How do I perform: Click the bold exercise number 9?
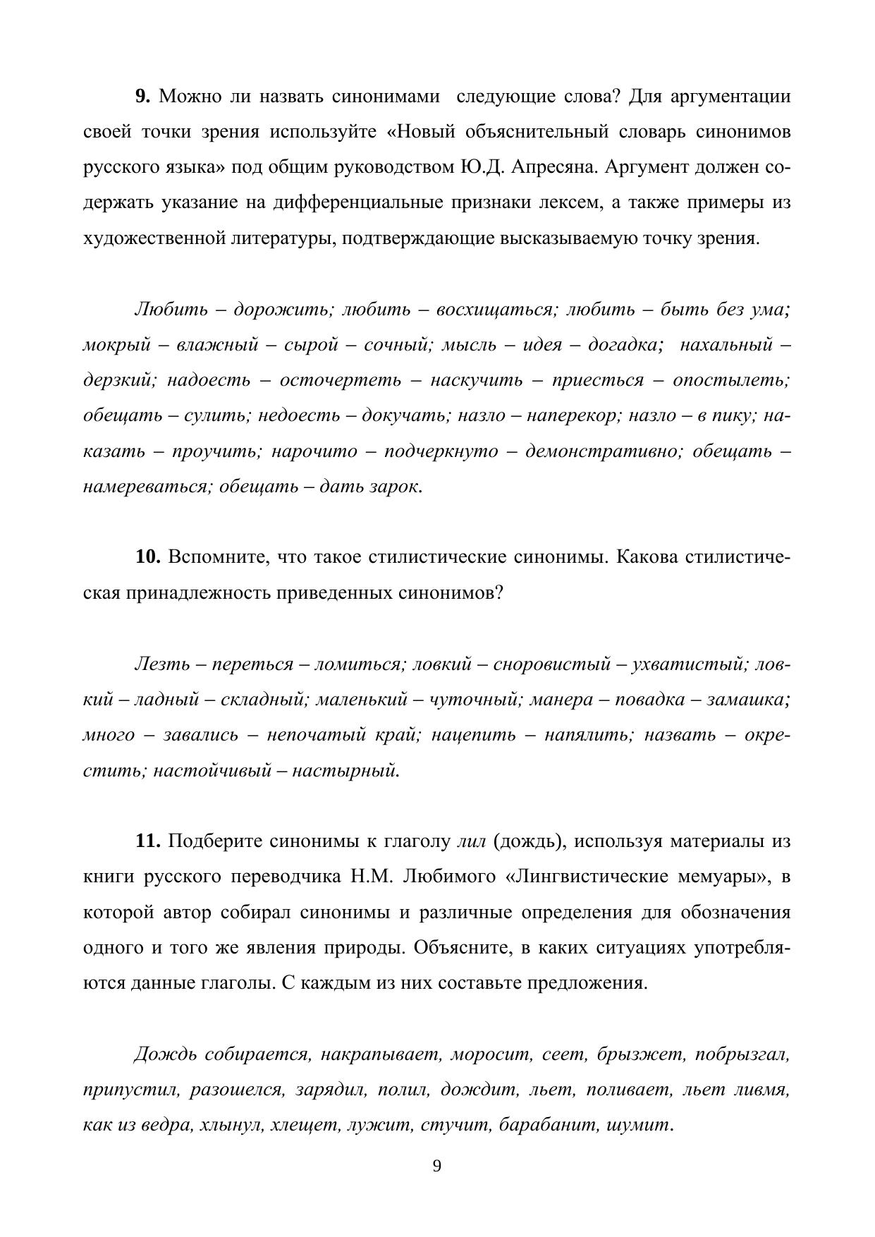[x=142, y=96]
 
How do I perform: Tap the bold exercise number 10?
[x=148, y=557]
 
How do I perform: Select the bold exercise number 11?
[x=148, y=841]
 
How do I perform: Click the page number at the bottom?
[x=436, y=1166]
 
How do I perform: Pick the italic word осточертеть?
[x=341, y=381]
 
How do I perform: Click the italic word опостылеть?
[x=731, y=381]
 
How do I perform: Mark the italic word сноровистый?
[x=551, y=664]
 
